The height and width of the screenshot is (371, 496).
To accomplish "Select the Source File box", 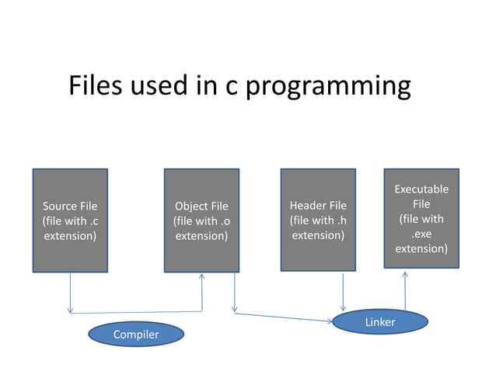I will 70,220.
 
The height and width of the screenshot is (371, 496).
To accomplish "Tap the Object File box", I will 201,220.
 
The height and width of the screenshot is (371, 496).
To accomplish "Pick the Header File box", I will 318,220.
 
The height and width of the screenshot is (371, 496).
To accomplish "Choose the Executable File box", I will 421,218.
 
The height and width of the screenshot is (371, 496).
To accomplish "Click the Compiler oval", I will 136,335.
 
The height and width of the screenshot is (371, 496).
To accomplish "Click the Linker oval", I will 380,321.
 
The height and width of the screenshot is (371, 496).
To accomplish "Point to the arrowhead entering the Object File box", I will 202,277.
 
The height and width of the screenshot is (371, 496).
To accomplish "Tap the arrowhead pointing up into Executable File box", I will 405,274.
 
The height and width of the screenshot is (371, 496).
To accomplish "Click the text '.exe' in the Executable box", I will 421,234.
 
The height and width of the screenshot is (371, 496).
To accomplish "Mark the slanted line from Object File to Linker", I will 284,317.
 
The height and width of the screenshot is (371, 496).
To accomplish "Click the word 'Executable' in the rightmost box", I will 421,189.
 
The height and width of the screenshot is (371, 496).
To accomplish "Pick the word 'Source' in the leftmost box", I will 59,206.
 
